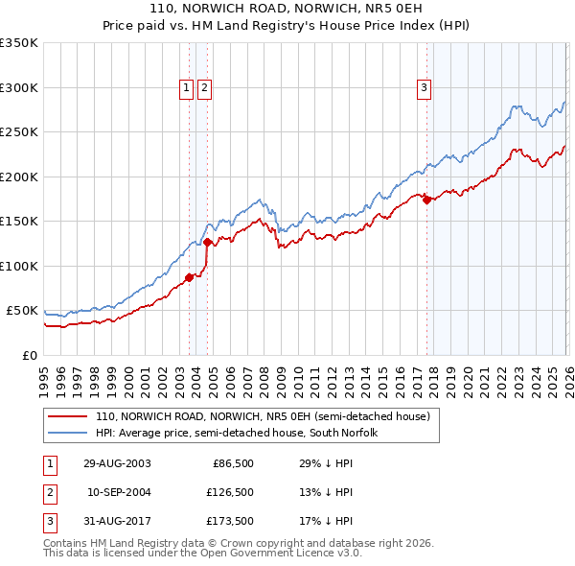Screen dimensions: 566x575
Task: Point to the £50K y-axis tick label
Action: pos(22,311)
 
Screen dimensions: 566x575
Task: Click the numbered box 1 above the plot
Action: pos(185,88)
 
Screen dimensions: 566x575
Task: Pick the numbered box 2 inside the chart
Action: pos(204,88)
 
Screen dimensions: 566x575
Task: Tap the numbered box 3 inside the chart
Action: pos(424,88)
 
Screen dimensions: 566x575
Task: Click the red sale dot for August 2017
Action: pos(426,200)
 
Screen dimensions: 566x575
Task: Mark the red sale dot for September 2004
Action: pos(207,243)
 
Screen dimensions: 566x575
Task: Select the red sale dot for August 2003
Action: pos(189,278)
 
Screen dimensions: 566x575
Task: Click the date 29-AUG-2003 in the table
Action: pos(117,463)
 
